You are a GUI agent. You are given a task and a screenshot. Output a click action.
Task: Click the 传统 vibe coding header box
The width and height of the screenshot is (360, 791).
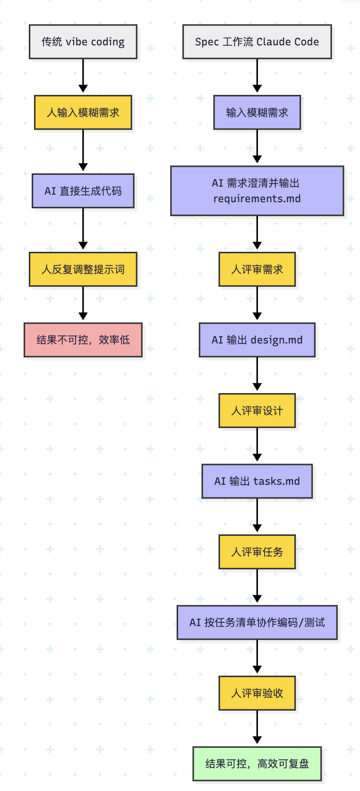pos(83,42)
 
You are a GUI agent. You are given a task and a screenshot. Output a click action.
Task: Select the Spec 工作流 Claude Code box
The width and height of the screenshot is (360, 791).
pos(257,42)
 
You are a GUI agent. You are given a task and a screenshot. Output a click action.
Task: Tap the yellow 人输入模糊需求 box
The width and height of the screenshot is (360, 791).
pos(83,112)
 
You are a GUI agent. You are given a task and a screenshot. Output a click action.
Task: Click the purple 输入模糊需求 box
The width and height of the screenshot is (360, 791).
pos(257,112)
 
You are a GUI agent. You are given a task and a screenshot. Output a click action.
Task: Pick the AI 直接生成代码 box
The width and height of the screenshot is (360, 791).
pos(83,191)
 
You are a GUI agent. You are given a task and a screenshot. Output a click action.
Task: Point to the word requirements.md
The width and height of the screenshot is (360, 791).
pos(257,198)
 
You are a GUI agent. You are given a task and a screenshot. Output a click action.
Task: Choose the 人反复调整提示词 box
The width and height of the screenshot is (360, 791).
pos(83,269)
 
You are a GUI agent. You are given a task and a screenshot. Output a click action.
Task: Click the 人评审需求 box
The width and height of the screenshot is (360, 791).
pos(257,269)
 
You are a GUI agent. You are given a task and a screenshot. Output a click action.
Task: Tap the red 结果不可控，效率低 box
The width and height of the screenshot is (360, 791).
pos(83,340)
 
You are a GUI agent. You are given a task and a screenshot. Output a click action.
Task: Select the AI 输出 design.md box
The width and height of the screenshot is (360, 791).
pos(257,340)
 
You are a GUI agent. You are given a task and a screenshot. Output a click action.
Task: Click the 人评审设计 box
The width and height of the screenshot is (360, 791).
pos(257,410)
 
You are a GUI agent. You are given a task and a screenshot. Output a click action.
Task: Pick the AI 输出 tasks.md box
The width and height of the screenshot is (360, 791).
pos(257,481)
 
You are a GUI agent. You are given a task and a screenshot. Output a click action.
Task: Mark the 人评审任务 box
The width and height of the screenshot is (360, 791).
pos(257,551)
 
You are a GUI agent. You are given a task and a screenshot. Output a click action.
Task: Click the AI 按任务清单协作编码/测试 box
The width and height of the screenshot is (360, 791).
pos(257,622)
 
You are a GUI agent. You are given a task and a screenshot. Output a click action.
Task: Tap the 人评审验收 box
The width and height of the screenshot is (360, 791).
pos(257,693)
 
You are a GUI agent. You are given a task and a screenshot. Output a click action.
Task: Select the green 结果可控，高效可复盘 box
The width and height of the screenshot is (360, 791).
pos(257,764)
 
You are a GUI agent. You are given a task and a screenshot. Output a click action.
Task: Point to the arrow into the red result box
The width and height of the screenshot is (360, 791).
pos(83,303)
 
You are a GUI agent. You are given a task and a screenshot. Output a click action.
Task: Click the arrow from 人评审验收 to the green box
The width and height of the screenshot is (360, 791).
pos(257,727)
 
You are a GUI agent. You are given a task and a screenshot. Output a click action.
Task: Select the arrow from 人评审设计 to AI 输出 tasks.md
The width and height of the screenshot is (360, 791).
pos(257,445)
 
